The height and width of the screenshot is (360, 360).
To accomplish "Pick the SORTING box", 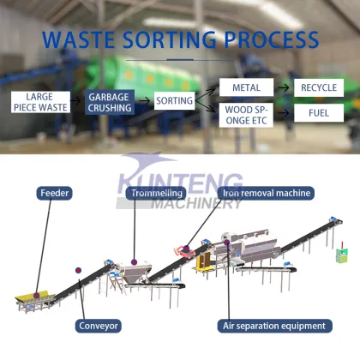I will [x=174, y=101].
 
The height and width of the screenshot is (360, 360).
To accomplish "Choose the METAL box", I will [x=245, y=87].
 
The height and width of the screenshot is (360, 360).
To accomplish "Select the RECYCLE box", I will [x=318, y=87].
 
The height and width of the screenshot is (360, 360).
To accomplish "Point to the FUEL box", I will [x=318, y=113].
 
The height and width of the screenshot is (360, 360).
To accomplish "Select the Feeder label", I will [x=54, y=194].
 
